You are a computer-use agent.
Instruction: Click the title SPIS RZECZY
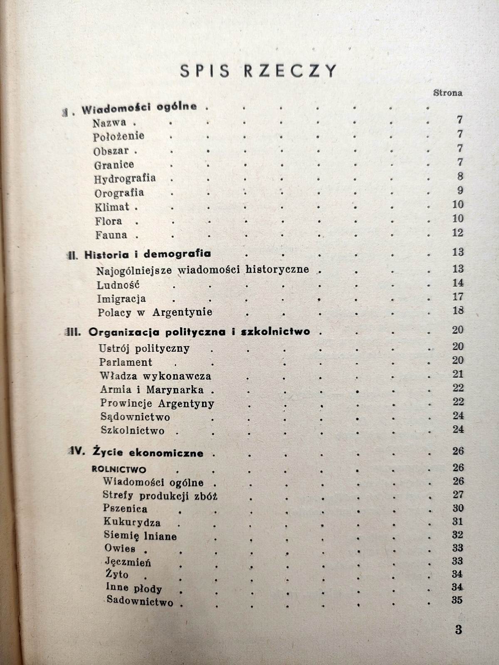258,71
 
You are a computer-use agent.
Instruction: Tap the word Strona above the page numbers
448,93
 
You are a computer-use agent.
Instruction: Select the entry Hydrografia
125,179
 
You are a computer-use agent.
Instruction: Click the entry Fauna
111,235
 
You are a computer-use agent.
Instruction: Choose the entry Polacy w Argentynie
155,312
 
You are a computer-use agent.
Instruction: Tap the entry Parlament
126,362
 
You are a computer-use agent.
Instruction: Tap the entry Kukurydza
132,522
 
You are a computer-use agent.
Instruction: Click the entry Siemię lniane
141,536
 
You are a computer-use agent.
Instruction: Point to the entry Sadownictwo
140,601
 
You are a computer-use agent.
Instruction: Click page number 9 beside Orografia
459,191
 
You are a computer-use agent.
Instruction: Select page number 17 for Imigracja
457,297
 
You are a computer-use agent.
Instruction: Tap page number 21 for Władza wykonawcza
457,374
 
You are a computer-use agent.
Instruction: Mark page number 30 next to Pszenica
457,508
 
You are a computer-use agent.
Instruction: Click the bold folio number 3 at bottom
458,630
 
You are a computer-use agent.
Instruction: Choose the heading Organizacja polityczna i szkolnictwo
199,332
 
